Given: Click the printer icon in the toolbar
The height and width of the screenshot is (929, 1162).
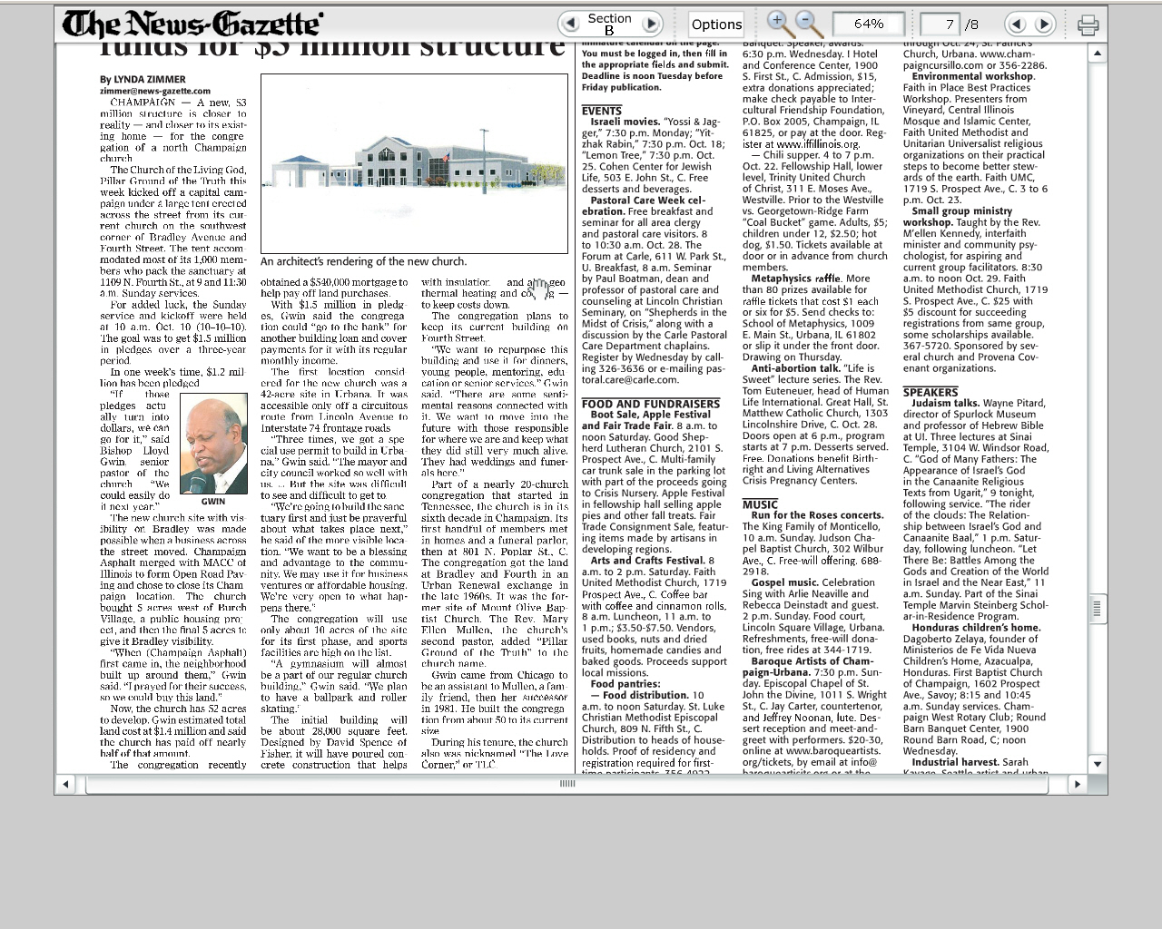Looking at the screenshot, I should pyautogui.click(x=1088, y=24).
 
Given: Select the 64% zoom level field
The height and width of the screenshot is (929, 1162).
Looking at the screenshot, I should pyautogui.click(x=868, y=24).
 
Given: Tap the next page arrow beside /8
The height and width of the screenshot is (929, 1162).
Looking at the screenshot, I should pyautogui.click(x=1044, y=24).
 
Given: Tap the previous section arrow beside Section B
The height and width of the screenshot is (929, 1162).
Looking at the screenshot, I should pyautogui.click(x=570, y=24).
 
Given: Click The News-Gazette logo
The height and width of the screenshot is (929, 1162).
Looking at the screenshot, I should pyautogui.click(x=192, y=24).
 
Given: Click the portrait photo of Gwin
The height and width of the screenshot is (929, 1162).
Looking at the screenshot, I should pyautogui.click(x=213, y=444).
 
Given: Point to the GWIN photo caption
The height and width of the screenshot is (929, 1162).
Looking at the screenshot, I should pyautogui.click(x=213, y=501).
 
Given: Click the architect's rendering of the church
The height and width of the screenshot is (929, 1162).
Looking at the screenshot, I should pyautogui.click(x=414, y=163).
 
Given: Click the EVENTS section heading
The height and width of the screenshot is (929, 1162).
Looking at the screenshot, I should pyautogui.click(x=602, y=111).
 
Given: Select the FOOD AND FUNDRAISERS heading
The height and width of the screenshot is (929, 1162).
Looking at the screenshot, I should pyautogui.click(x=650, y=404).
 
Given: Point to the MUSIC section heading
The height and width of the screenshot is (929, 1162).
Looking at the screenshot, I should pyautogui.click(x=760, y=504).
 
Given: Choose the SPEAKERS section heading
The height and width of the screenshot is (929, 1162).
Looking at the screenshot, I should pyautogui.click(x=930, y=392).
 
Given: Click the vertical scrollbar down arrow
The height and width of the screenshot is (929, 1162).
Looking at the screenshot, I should pyautogui.click(x=1098, y=764).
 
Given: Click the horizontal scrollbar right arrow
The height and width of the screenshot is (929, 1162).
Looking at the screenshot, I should pyautogui.click(x=1077, y=783).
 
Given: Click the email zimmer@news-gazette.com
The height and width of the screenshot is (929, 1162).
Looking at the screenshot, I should pyautogui.click(x=155, y=91).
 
